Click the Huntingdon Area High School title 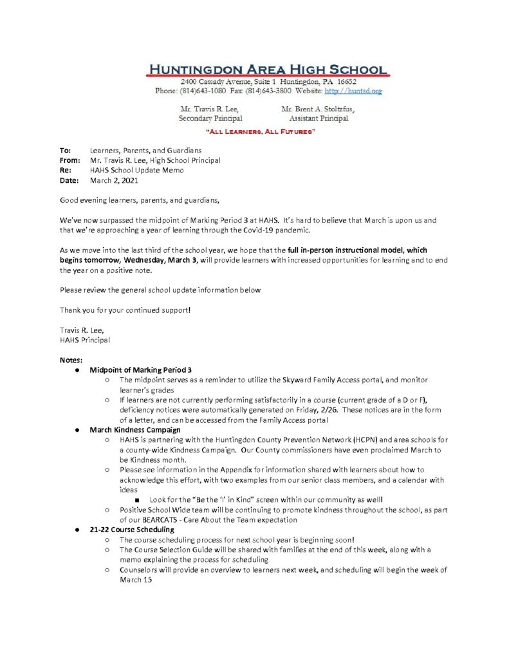[266, 70]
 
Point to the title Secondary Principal [210, 119]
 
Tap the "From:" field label [69, 160]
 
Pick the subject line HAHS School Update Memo [137, 170]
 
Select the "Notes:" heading [71, 360]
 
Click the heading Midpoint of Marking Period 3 [141, 370]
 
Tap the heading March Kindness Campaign [135, 430]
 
